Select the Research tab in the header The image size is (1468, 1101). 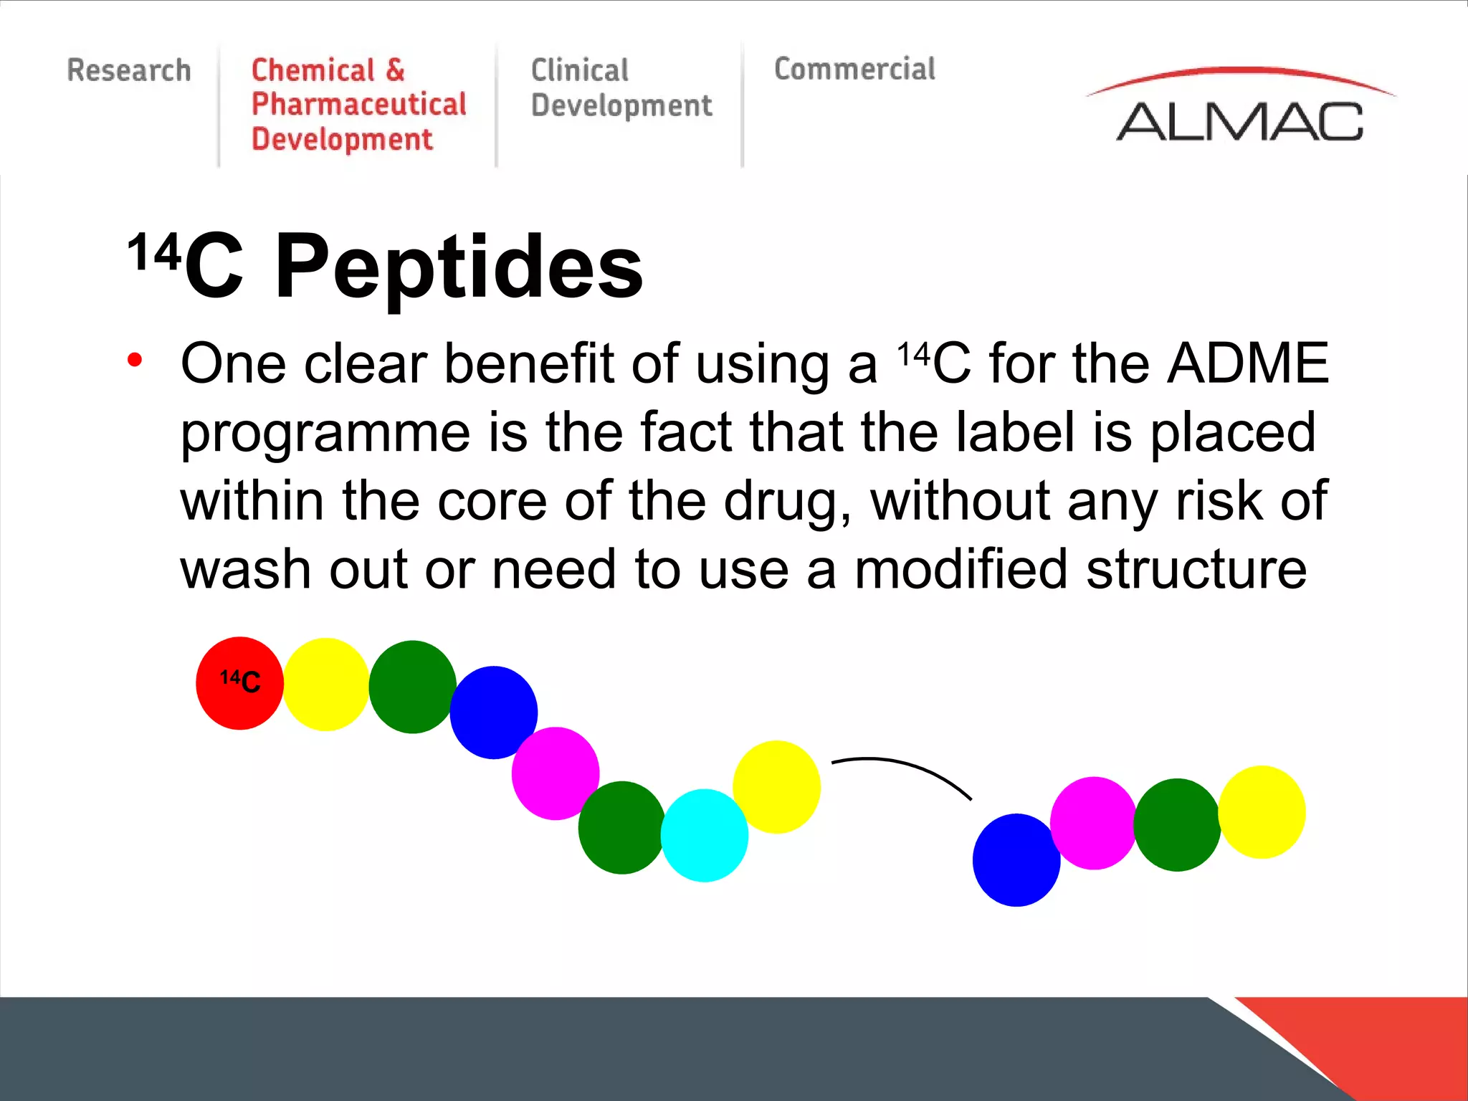coord(129,70)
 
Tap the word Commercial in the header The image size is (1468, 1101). coord(854,70)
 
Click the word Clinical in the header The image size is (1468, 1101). coord(579,70)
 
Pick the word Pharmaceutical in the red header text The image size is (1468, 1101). coord(358,105)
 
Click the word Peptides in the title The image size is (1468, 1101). coord(459,267)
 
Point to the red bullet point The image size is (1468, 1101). coord(135,359)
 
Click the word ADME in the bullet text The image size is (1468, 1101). coord(1248,363)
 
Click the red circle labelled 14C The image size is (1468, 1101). coord(239,683)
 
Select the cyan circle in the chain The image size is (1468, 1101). coord(704,836)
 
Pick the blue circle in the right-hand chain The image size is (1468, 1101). coord(1016,860)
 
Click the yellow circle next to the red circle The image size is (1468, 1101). coord(326,685)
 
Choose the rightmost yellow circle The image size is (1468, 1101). coord(1262,812)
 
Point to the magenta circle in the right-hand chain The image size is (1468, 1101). coord(1093,823)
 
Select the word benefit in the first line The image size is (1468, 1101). coord(529,363)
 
